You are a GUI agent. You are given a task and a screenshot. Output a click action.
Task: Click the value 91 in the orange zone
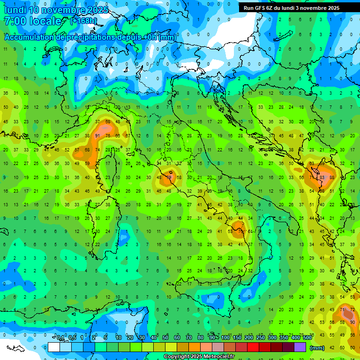pyautogui.click(x=97, y=136)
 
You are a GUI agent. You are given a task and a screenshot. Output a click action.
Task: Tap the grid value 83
pyautogui.click(x=322, y=177)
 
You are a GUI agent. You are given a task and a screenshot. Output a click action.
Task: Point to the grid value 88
pyautogui.click(x=332, y=177)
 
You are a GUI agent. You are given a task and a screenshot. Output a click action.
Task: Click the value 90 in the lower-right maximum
pyautogui.click(x=352, y=322)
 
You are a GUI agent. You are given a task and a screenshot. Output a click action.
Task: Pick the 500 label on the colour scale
pyautogui.click(x=307, y=338)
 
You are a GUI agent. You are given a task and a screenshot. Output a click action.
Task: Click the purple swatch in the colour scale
pyautogui.click(x=300, y=347)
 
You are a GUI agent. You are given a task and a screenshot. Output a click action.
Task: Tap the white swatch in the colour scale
pyautogui.click(x=54, y=347)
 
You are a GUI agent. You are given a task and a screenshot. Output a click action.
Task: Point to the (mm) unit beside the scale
pyautogui.click(x=317, y=347)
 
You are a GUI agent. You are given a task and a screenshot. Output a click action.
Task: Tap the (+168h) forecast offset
pyautogui.click(x=83, y=21)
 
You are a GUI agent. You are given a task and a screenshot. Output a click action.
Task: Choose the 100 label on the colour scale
pyautogui.click(x=225, y=338)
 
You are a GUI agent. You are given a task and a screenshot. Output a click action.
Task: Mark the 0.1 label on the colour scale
pyautogui.click(x=60, y=338)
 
